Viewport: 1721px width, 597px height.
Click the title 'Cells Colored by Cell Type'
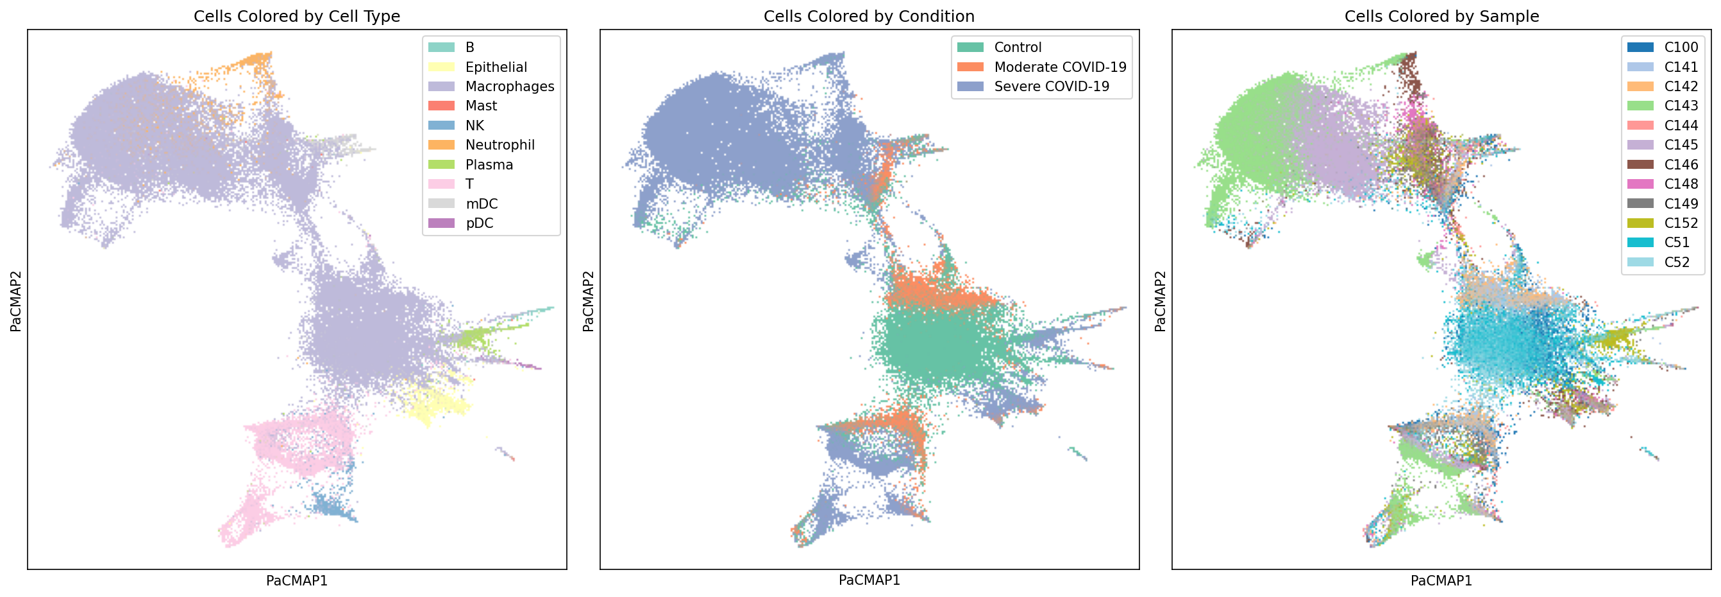(297, 16)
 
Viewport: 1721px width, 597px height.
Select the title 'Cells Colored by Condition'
(869, 16)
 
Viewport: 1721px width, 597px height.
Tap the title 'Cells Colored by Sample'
(1441, 16)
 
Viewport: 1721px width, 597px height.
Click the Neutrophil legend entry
(500, 145)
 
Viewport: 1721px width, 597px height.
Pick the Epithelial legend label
(496, 67)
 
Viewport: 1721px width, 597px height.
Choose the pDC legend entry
(479, 223)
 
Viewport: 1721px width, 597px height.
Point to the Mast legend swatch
(441, 106)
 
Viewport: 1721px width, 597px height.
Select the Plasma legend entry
(489, 164)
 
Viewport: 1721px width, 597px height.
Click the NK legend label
(474, 126)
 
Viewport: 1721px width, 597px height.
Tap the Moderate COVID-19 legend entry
(1059, 67)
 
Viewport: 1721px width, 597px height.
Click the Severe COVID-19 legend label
(1051, 86)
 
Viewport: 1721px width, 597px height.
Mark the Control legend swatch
(970, 48)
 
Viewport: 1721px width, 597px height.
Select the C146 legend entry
(1680, 164)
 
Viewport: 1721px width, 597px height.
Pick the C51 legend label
(1676, 243)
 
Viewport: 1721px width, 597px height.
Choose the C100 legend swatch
(1640, 48)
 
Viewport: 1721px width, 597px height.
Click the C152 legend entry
(1680, 223)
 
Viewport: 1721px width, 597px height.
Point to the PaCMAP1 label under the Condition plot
(869, 580)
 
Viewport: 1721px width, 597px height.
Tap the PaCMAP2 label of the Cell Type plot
(16, 300)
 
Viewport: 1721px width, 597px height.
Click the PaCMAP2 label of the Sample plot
(1161, 300)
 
